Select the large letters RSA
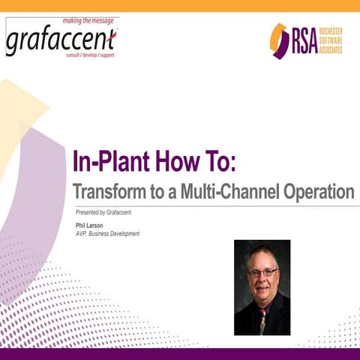(304, 40)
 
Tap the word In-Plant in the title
(113, 161)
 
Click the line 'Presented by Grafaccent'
(104, 213)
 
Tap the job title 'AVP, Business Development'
(108, 233)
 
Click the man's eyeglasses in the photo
(262, 272)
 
